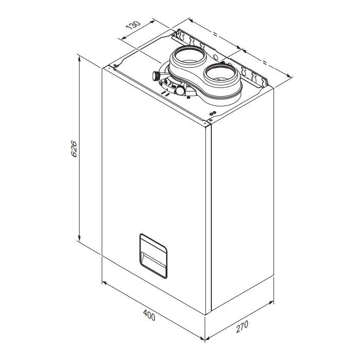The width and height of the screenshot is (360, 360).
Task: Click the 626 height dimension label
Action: (74, 149)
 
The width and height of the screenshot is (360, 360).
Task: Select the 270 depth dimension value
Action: (243, 326)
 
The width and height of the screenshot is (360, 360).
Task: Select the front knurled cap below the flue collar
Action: (181, 90)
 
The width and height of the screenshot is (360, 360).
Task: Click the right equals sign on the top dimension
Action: (265, 62)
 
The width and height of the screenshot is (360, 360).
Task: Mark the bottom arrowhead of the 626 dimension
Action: (79, 239)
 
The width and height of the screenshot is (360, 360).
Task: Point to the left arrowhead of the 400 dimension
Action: (104, 282)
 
